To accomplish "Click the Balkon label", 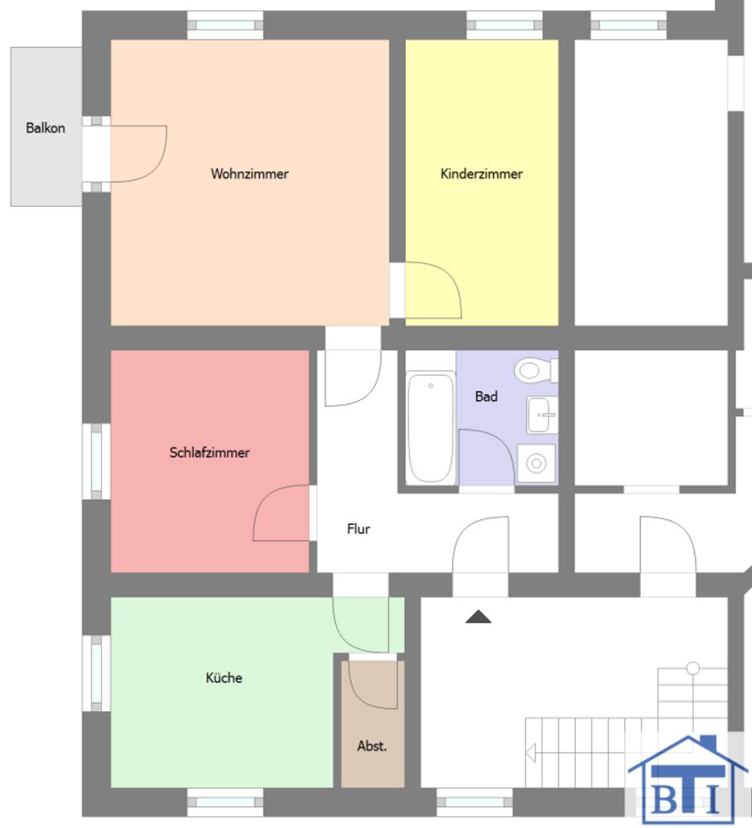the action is (x=46, y=128).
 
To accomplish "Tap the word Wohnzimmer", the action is (x=249, y=174).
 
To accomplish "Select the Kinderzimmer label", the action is (x=482, y=174).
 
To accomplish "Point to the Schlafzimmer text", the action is (x=210, y=453).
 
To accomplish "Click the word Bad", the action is (x=486, y=396).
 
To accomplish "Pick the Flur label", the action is (x=359, y=528).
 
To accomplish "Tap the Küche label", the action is (x=224, y=677).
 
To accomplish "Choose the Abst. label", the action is (x=372, y=746).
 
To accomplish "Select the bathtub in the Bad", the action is (x=431, y=427).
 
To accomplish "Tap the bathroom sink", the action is (x=542, y=415).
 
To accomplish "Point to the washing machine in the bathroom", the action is (x=536, y=464).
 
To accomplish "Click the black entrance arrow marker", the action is (x=479, y=617).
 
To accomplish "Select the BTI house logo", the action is (x=688, y=778).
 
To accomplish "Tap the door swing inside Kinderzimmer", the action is (x=452, y=280).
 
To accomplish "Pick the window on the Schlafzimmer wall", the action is (x=96, y=461).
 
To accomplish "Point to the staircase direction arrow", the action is (x=531, y=753).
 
